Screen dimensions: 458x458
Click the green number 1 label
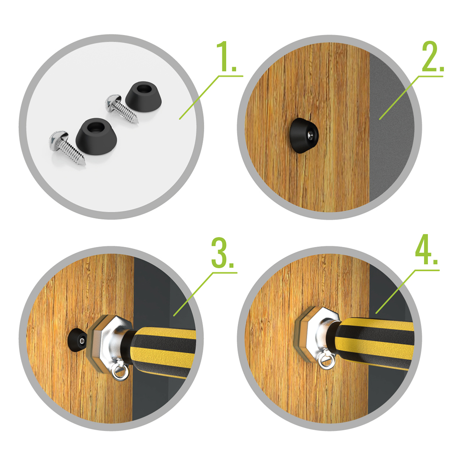[226, 56]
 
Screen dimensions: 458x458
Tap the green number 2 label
[432, 56]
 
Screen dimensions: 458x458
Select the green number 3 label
[223, 253]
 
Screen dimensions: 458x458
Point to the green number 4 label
[426, 250]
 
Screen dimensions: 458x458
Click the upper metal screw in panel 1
[121, 108]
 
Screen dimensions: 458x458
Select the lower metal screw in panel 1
[67, 147]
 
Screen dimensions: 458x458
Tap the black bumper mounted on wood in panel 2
[303, 135]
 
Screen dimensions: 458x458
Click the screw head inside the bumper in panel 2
[312, 135]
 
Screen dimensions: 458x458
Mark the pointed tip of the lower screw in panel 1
[85, 164]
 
